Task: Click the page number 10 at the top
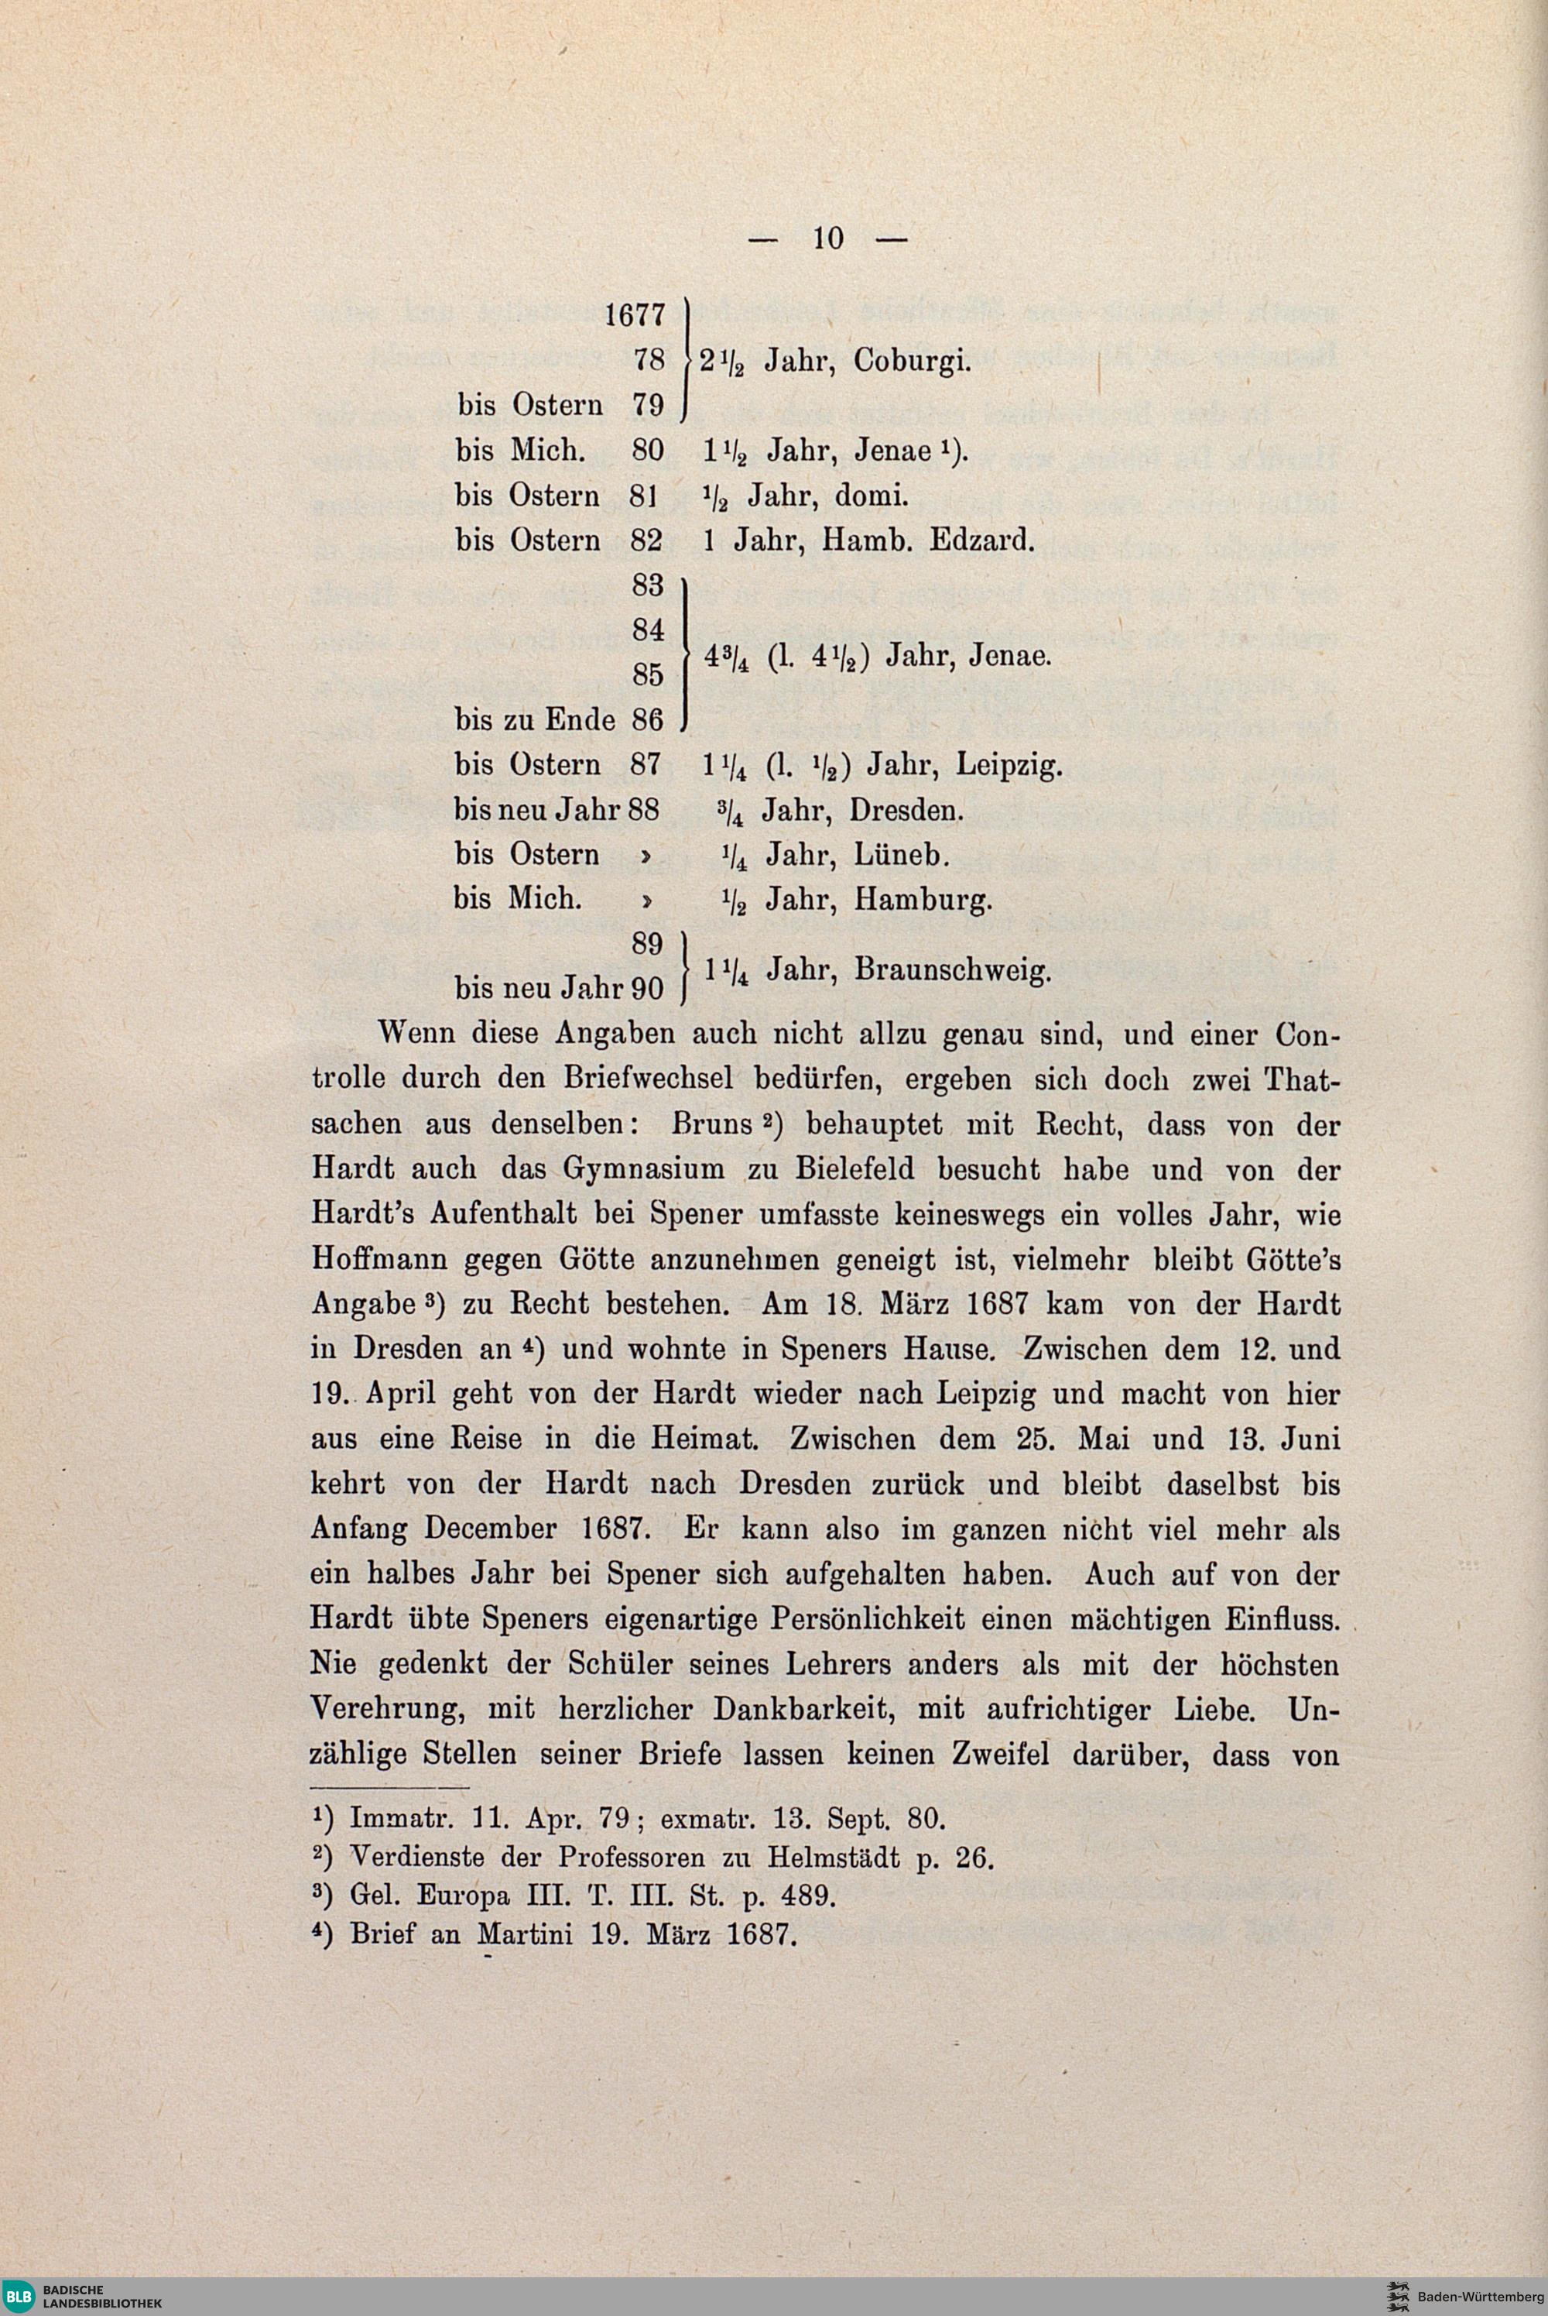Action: coord(828,238)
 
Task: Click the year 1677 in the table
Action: coord(635,316)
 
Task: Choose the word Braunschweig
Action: coord(950,970)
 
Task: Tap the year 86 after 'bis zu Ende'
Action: coord(646,720)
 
